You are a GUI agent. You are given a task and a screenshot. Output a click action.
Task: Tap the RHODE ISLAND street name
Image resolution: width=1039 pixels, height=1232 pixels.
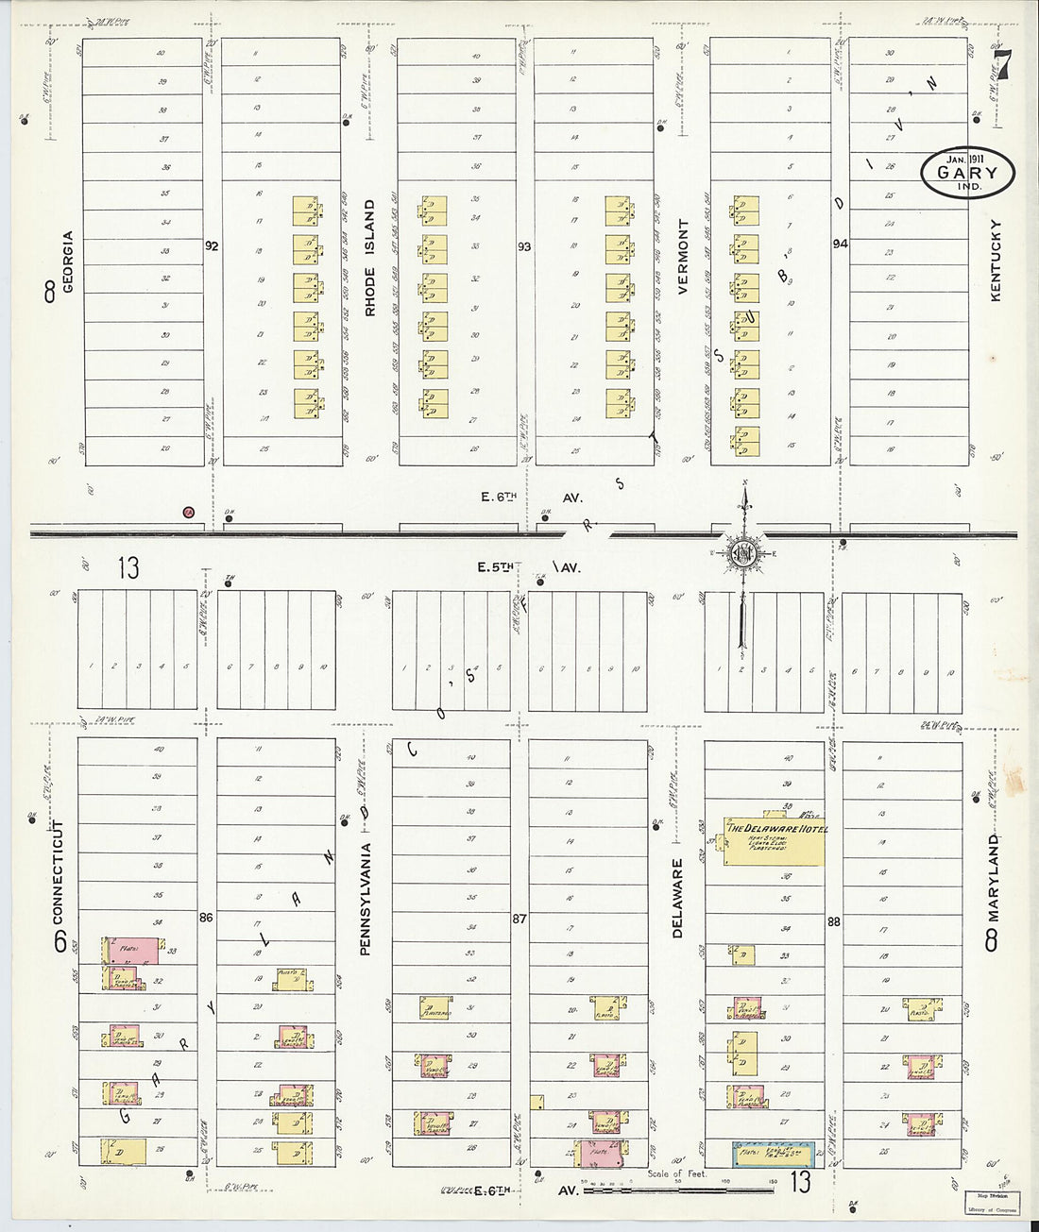370,257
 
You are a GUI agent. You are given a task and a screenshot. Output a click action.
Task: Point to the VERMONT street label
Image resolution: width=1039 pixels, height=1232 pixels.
683,258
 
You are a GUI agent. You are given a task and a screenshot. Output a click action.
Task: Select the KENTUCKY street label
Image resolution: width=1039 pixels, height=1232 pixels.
995,262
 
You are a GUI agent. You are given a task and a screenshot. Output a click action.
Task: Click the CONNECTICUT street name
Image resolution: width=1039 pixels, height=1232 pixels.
58,872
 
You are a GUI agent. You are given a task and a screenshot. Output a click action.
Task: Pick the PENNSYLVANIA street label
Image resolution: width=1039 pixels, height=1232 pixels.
365,899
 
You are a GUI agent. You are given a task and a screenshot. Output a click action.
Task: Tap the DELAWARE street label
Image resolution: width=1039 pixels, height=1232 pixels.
676,898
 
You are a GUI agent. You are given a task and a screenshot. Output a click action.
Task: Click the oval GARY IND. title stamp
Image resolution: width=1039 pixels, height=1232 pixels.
967,173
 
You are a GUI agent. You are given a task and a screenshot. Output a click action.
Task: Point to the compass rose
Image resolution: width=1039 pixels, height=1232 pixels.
743,553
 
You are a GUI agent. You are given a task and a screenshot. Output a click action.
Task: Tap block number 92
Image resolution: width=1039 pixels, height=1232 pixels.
212,245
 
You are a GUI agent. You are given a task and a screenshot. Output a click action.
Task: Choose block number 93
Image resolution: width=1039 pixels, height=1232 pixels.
524,246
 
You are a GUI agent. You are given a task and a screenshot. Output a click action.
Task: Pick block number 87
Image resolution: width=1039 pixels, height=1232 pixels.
519,918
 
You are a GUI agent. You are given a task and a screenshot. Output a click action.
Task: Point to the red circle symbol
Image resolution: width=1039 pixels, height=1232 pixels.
188,513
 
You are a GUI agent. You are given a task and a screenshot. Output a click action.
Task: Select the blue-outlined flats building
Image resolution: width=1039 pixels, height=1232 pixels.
774,1154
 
